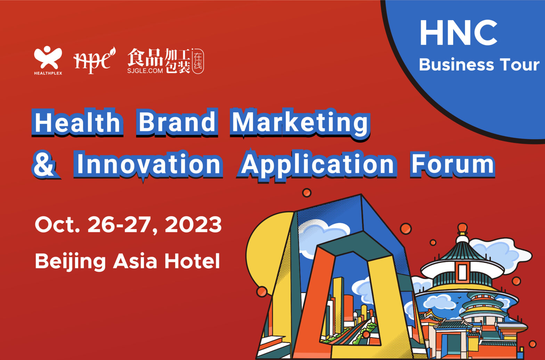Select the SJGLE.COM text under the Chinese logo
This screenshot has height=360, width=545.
point(145,71)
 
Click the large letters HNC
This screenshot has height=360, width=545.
point(458,33)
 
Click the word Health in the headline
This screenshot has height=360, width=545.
point(78,122)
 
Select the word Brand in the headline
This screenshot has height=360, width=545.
point(177,122)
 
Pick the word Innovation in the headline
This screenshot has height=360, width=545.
point(148,165)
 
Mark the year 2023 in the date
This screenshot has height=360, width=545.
point(193,224)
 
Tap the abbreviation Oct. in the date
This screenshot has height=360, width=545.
point(57,224)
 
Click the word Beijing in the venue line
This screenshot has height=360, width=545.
point(70,261)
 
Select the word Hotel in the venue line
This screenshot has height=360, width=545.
point(192,261)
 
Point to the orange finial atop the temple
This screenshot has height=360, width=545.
point(462,229)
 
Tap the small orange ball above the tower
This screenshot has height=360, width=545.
point(307,193)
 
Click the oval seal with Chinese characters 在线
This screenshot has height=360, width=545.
point(198,61)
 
